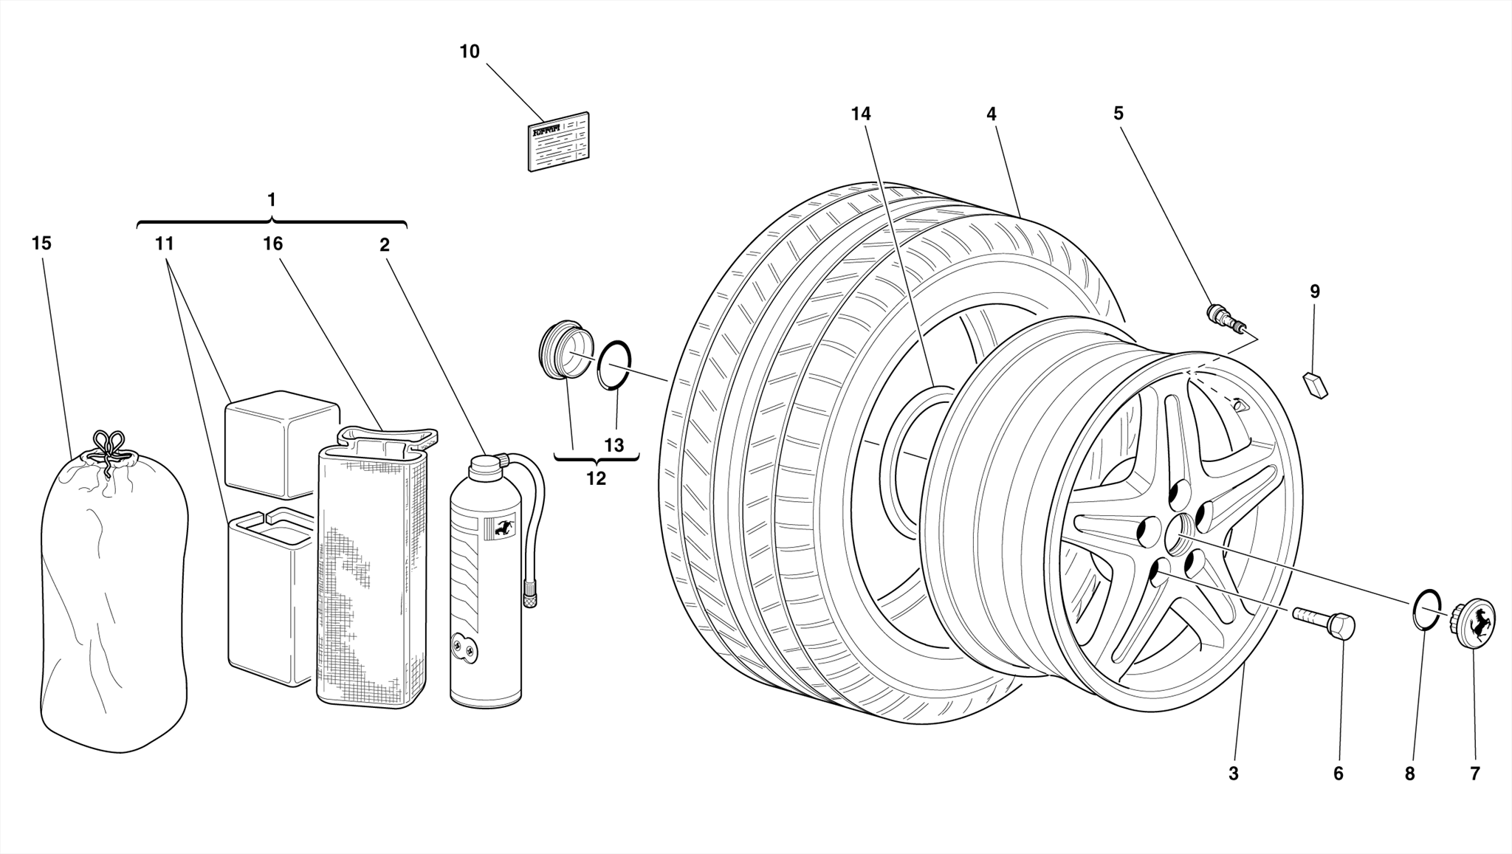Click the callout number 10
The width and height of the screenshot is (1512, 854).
pos(470,52)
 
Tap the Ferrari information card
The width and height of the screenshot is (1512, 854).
pos(559,142)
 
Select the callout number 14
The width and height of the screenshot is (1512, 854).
pos(861,114)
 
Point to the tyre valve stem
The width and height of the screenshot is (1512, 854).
pos(1226,317)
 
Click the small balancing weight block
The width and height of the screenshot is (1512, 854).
pos(1315,385)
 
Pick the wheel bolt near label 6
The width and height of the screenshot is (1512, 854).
pos(1325,621)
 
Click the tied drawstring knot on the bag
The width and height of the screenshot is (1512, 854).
pos(109,450)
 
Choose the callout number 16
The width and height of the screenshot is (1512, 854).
pos(273,244)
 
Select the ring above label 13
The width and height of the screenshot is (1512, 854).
pos(614,364)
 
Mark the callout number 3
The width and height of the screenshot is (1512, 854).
pos(1233,774)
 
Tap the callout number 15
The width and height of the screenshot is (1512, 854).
pos(42,244)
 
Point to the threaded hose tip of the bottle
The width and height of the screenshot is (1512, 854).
pos(530,595)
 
